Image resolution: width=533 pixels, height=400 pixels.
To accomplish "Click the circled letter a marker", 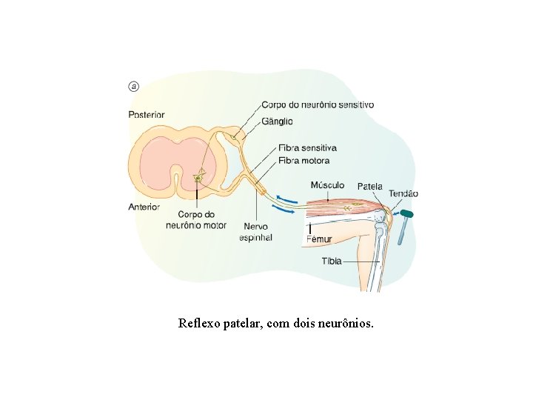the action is coord(134,86).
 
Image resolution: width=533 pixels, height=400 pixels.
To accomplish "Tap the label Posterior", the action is coord(147,115).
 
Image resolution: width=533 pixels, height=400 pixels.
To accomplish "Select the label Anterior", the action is coord(144,207).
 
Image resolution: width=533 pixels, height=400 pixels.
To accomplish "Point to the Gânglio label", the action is coord(277,121).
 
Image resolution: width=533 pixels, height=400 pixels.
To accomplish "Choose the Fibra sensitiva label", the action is coord(307,148).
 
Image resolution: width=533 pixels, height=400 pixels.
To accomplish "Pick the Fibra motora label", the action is coord(304,160).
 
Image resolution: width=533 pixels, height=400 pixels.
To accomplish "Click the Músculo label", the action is coord(327,184).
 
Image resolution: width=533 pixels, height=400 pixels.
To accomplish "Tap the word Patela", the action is coord(370,186).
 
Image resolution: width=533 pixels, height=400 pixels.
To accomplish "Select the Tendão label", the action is coord(403,194).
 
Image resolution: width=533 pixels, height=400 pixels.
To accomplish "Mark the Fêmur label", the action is coord(319,239).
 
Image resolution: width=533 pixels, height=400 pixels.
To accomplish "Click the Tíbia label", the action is coord(331,261).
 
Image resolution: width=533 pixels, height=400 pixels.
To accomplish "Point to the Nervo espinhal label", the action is coord(255,232).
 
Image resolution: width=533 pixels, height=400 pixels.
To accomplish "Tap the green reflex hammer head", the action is coord(406,214).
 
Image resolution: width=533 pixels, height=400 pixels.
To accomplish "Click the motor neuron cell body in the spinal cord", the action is coord(198,177).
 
